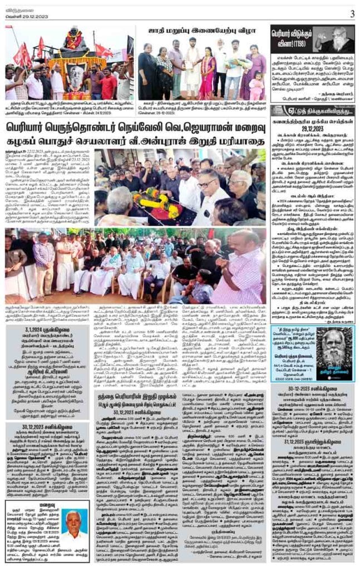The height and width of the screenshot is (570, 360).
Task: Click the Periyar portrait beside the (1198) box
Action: pyautogui.click(x=339, y=53)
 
